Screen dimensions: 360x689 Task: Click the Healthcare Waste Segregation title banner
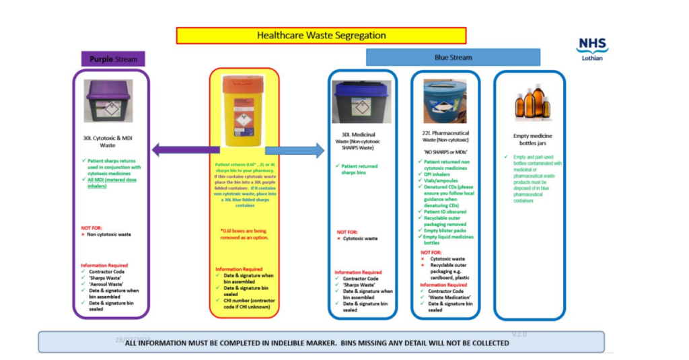coord(321,35)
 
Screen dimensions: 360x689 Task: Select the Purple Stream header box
coord(113,59)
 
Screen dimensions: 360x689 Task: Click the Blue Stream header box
coord(453,57)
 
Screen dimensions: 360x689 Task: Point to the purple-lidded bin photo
coord(108,101)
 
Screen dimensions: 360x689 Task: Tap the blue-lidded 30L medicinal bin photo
coord(362,102)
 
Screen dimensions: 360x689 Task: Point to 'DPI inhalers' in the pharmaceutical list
coord(439,174)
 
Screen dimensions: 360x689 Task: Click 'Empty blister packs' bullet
coord(447,230)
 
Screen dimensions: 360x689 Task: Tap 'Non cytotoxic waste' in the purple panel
coord(109,234)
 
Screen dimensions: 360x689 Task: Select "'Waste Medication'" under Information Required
coord(449,297)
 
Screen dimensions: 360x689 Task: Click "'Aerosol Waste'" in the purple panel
coord(106,284)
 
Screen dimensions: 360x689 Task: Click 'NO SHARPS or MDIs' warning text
coord(446,152)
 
